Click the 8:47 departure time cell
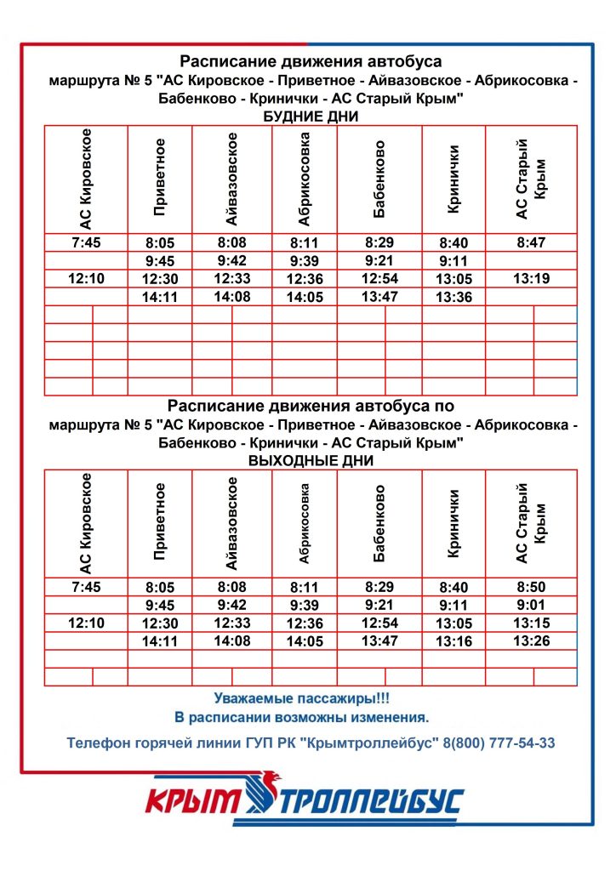tap(530, 242)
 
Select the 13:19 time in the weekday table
tap(530, 278)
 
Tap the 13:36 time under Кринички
tap(453, 297)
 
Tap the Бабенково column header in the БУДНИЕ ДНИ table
tap(379, 179)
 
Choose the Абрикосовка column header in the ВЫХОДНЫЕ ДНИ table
tap(305, 523)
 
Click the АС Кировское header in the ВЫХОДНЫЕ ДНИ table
tap(85, 523)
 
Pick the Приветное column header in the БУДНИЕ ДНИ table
tap(160, 179)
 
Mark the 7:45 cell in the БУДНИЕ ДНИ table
tap(86, 242)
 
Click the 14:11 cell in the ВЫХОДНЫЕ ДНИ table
tap(159, 641)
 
